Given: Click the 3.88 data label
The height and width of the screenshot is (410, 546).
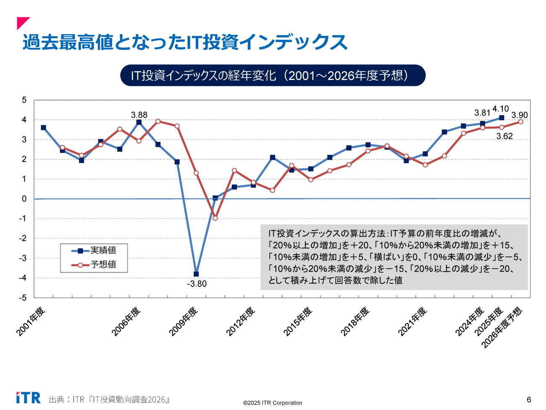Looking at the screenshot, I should point(139,115).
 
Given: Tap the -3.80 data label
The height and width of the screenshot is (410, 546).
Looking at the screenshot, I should point(197,284).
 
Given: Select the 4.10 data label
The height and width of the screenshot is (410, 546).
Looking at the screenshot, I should point(501,109).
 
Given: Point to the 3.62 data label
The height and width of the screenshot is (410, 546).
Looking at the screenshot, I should point(504,136).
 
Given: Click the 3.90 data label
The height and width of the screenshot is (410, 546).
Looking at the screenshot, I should point(520,115).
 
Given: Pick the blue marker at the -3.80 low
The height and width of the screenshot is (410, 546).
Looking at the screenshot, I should point(196,274).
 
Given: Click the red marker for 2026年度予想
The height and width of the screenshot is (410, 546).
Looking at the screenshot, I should point(521,122).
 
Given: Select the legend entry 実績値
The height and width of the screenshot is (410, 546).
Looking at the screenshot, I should point(103,251).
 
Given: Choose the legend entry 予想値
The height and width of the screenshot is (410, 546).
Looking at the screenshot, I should point(103,265).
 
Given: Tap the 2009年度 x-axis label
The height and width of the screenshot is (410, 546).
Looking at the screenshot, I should point(184,322).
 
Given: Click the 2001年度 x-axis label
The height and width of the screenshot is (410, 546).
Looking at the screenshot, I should point(31,322).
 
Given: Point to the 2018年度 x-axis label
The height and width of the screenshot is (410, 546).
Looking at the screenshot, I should point(355,322).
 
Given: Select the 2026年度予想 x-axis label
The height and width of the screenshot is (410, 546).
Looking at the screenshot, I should point(501,328).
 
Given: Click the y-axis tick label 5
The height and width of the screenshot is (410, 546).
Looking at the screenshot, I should point(24,100).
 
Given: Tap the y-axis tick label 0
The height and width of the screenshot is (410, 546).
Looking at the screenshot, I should point(24,199).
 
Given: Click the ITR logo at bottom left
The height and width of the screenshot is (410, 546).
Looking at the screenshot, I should point(29,398).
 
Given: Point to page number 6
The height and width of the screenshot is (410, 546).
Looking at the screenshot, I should point(529,399).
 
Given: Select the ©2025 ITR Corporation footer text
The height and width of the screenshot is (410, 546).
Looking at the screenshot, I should point(273,403).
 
